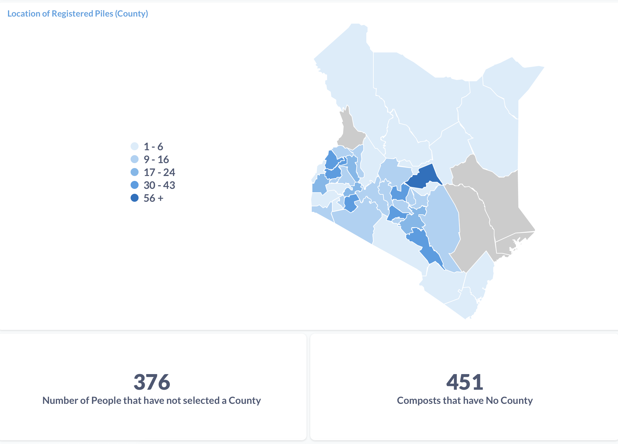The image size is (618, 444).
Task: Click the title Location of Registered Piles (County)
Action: (x=78, y=14)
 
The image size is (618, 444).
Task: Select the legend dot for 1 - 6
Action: (x=135, y=146)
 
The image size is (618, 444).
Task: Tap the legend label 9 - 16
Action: (x=156, y=159)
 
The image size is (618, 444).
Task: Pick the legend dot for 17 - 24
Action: (x=135, y=172)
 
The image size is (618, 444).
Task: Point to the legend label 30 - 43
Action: (x=159, y=185)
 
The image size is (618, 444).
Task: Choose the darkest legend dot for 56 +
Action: (x=135, y=198)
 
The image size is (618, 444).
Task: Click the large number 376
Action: (x=152, y=382)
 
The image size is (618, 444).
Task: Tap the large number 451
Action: (x=465, y=382)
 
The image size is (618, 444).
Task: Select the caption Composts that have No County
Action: (x=465, y=400)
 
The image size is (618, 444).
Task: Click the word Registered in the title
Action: (x=72, y=14)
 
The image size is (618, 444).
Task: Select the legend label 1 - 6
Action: (x=153, y=147)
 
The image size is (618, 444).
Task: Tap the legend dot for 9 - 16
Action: (x=135, y=159)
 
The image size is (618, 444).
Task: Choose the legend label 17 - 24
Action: (x=159, y=172)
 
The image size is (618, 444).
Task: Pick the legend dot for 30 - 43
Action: (x=135, y=185)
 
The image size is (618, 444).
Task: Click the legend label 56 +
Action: (x=154, y=198)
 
